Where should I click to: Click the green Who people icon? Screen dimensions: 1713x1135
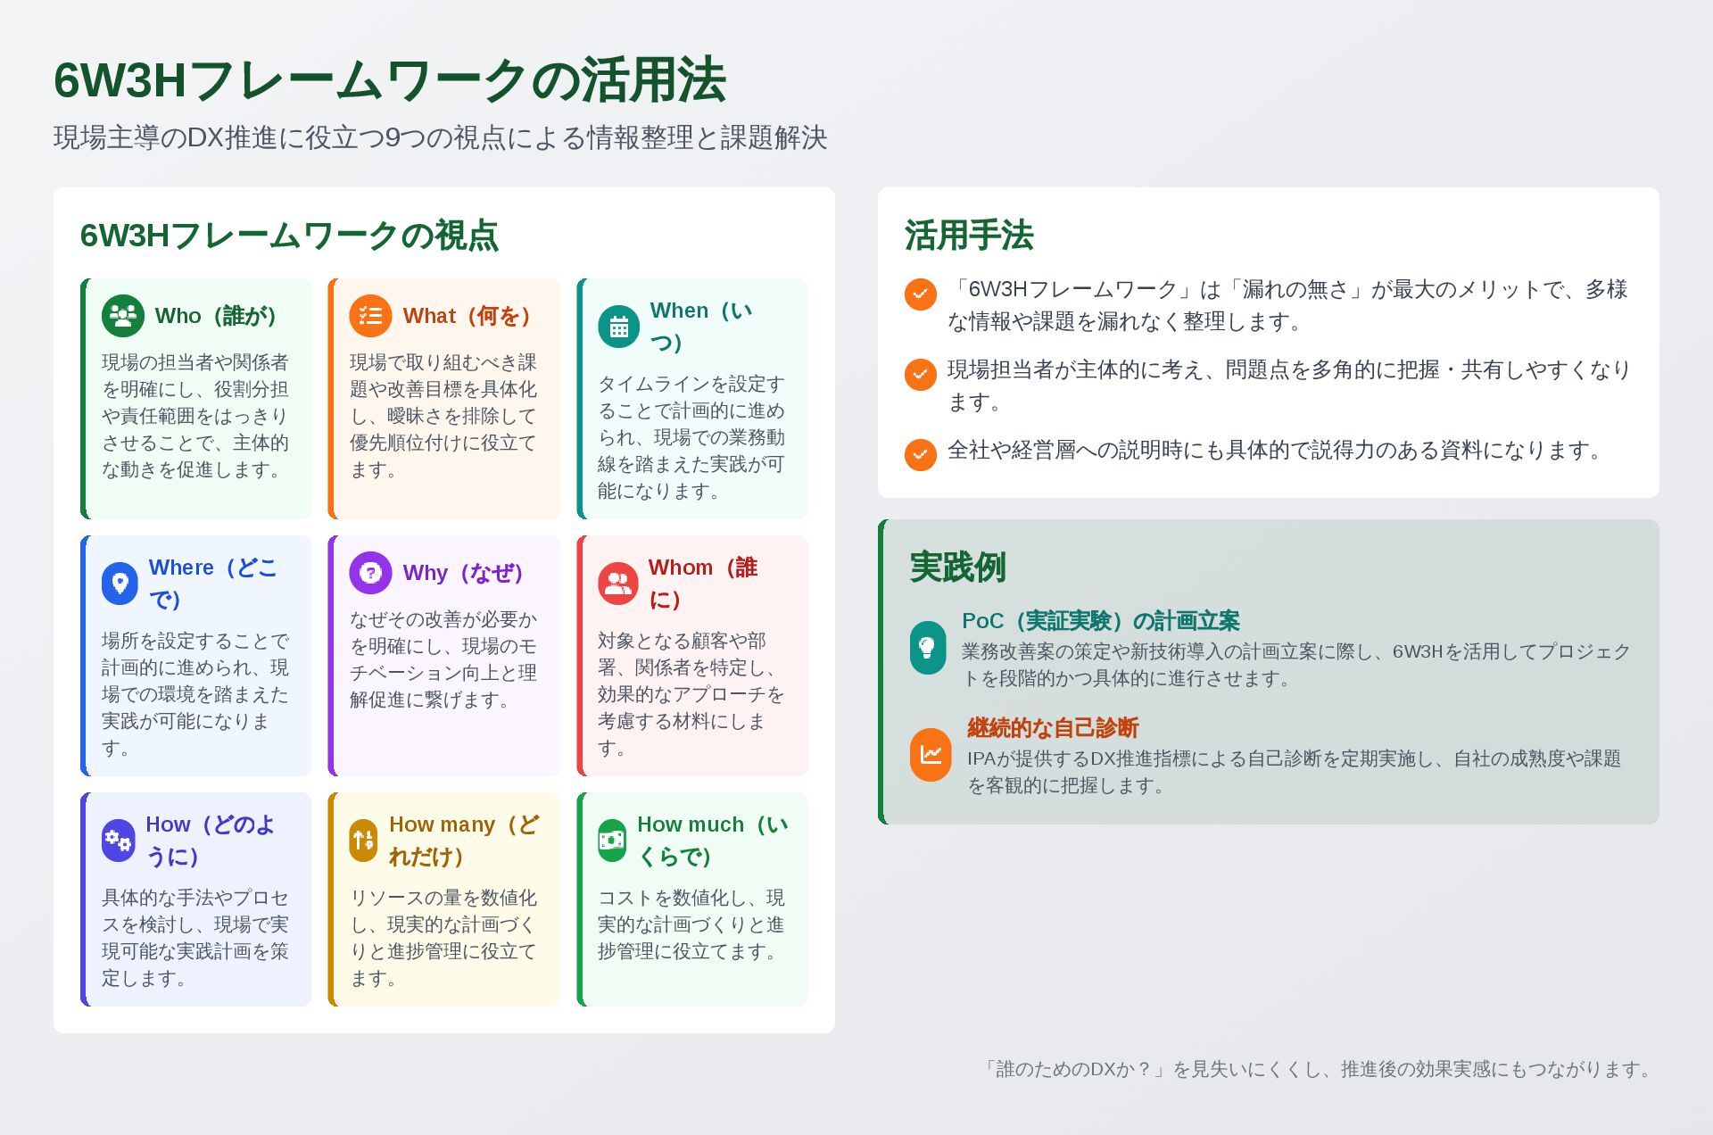(x=123, y=316)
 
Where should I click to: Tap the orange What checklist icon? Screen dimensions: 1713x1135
(x=370, y=316)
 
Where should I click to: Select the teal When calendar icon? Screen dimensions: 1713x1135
(x=618, y=327)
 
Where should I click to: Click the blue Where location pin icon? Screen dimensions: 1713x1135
(x=120, y=584)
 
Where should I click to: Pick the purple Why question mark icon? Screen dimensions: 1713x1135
(x=370, y=573)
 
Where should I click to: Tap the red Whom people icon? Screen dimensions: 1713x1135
(x=618, y=584)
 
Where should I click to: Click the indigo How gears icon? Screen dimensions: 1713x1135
(x=118, y=841)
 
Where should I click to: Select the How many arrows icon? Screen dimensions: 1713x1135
(x=363, y=841)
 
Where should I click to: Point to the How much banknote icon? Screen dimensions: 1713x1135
(x=612, y=841)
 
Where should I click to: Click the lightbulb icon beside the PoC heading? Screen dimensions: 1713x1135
(x=928, y=648)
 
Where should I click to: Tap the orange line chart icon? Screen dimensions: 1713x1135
(x=931, y=755)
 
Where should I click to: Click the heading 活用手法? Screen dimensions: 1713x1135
(x=969, y=236)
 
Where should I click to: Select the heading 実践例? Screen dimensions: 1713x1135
(x=958, y=567)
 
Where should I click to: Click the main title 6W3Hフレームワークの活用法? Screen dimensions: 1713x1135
(x=390, y=80)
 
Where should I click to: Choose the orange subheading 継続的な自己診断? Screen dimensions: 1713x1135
(x=1053, y=728)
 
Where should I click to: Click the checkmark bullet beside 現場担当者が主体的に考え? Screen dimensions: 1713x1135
(x=920, y=375)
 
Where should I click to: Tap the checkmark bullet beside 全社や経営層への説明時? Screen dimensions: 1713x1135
(x=920, y=454)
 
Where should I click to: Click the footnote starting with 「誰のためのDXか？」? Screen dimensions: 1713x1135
(x=1319, y=1069)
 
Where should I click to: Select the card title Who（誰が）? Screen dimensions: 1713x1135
(x=215, y=316)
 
